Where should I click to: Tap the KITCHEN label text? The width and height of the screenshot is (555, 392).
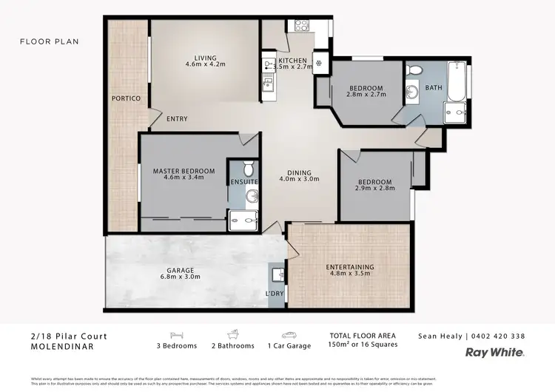[x=292, y=60]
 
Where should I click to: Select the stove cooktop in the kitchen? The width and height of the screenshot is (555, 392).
[x=302, y=25]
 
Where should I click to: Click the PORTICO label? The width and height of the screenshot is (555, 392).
[x=126, y=98]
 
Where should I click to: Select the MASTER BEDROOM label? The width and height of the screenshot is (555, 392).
[x=184, y=171]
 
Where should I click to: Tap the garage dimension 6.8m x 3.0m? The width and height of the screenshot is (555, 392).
[x=181, y=277]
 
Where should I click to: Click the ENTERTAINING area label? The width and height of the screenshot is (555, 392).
[x=350, y=267]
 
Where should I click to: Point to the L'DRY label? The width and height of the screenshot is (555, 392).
[x=275, y=295]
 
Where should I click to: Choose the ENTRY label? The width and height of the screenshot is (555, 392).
[x=177, y=119]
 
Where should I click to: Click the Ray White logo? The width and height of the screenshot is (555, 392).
[x=494, y=353]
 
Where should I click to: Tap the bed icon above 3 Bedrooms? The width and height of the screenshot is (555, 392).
[x=176, y=334]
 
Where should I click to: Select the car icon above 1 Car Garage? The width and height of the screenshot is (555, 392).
[x=286, y=334]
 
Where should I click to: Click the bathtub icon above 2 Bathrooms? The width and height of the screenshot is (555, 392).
[x=231, y=334]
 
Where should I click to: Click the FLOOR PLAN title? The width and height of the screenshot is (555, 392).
[x=49, y=42]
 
